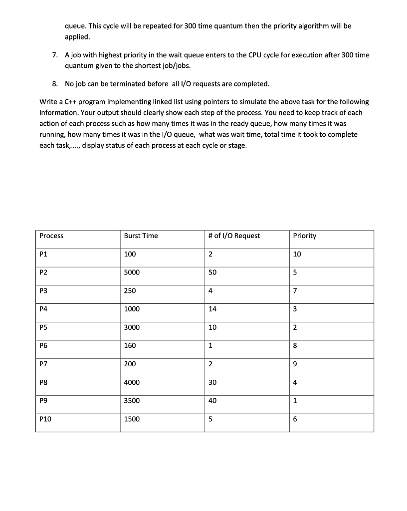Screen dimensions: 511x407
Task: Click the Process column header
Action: [x=51, y=236]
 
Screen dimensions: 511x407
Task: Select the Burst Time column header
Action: [x=141, y=236]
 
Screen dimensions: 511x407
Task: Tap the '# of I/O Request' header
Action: [x=234, y=236]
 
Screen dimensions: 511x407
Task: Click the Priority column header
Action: [x=304, y=236]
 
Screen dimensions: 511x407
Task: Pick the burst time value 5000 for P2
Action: [x=132, y=272]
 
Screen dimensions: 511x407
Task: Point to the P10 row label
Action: [x=45, y=419]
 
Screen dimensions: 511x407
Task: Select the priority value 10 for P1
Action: [x=297, y=254]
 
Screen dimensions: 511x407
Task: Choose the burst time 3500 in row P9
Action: [x=132, y=401]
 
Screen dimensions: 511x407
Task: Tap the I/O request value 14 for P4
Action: [x=212, y=309]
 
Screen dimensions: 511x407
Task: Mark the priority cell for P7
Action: [x=295, y=364]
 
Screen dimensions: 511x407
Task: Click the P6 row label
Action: [x=43, y=345]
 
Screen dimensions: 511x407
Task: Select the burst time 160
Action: [x=130, y=345]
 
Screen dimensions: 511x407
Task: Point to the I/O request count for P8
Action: [x=212, y=383]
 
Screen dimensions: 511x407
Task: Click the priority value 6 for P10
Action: [x=295, y=419]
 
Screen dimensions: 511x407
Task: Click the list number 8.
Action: [x=55, y=83]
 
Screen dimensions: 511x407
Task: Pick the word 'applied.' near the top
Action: [x=77, y=37]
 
